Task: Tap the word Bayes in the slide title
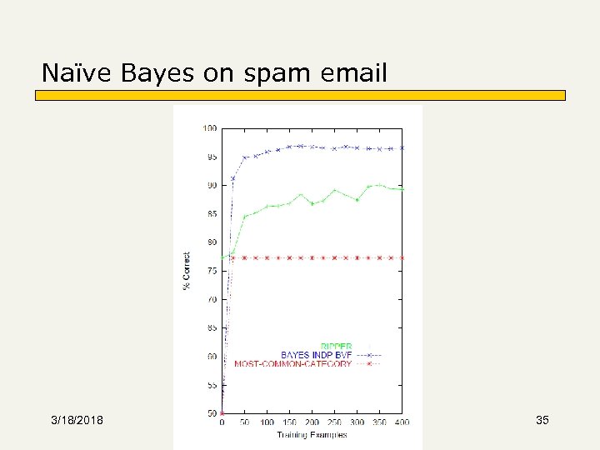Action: [x=157, y=74]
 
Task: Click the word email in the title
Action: [x=357, y=74]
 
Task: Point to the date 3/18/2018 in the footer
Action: [x=77, y=420]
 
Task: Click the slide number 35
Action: [x=542, y=420]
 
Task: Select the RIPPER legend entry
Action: [x=336, y=346]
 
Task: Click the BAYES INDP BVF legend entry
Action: [x=316, y=355]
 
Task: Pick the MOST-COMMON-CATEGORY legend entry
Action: [x=292, y=364]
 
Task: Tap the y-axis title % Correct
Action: [x=187, y=272]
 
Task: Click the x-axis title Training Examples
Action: [x=312, y=434]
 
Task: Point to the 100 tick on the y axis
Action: [x=209, y=128]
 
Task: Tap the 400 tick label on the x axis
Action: [x=402, y=422]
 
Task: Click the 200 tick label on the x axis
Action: [x=312, y=422]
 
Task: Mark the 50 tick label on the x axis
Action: [x=244, y=422]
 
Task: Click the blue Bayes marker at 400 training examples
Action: [x=402, y=147]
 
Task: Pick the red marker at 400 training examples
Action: [x=402, y=257]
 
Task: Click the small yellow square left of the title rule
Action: [x=39, y=95]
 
